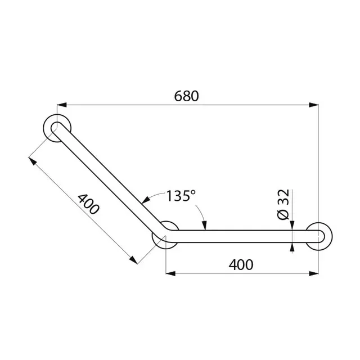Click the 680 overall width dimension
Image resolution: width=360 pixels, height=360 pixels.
click(x=186, y=96)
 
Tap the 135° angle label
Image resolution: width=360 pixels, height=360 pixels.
click(x=181, y=196)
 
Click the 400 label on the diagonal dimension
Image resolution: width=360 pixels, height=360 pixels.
click(x=89, y=206)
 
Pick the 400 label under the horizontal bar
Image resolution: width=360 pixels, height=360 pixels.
click(x=241, y=264)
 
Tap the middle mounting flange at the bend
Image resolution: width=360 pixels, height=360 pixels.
click(x=166, y=235)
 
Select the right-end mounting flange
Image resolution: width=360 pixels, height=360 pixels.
click(x=318, y=236)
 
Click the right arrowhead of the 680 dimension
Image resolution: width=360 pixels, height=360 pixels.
click(x=315, y=105)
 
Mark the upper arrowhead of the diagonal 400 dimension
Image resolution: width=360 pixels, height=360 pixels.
click(x=33, y=160)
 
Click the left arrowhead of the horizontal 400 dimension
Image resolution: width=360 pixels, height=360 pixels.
click(x=170, y=273)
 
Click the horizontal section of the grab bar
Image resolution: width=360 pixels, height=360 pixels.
click(x=242, y=236)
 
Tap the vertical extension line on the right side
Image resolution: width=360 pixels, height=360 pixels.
click(x=319, y=169)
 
